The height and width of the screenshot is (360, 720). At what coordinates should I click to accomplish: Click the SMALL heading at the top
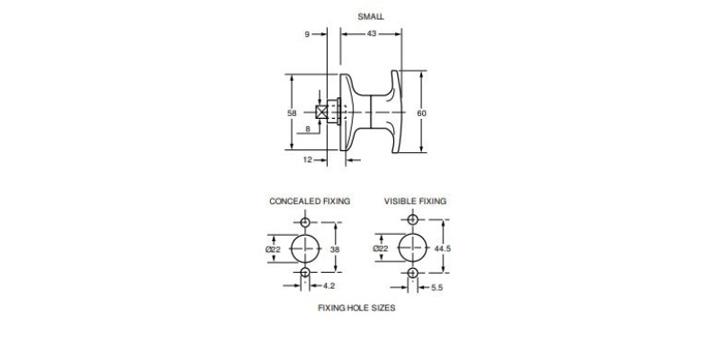pyautogui.click(x=371, y=17)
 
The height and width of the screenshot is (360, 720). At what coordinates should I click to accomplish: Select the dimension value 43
pyautogui.click(x=372, y=33)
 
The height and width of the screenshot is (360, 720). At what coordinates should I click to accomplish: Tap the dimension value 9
pyautogui.click(x=307, y=34)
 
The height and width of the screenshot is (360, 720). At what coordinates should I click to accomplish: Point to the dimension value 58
pyautogui.click(x=292, y=113)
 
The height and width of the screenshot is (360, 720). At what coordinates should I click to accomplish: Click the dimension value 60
pyautogui.click(x=421, y=113)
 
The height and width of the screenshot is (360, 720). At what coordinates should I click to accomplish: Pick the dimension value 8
pyautogui.click(x=308, y=130)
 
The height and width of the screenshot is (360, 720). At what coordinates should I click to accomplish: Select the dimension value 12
pyautogui.click(x=308, y=160)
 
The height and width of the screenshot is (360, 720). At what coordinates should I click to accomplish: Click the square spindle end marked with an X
pyautogui.click(x=321, y=112)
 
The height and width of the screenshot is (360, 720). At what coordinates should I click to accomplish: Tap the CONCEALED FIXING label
pyautogui.click(x=310, y=201)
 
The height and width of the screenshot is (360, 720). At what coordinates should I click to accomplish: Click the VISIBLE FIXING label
pyautogui.click(x=415, y=201)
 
